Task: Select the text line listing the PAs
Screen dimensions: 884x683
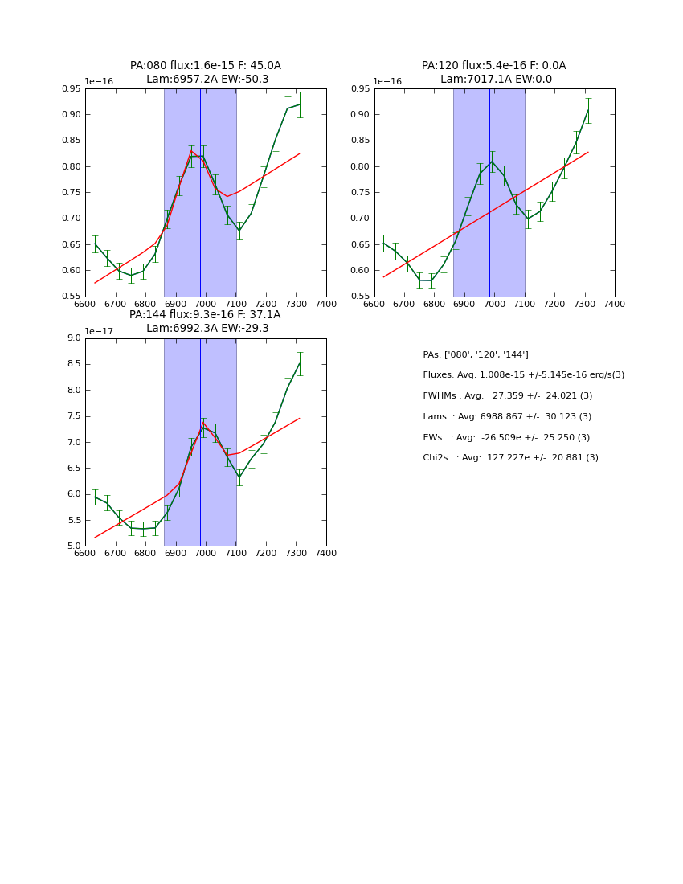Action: coord(476,354)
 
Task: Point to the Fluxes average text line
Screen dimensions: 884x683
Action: coord(523,375)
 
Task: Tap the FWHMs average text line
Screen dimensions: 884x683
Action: coord(507,395)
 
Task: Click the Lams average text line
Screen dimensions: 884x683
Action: coord(507,416)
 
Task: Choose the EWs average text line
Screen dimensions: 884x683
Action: coord(506,437)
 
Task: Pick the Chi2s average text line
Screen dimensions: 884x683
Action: coord(510,458)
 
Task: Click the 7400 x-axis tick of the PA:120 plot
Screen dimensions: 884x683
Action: coord(615,304)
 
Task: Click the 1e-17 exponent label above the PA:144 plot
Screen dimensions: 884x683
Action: coord(99,331)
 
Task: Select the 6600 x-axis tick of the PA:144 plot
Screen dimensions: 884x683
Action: coord(85,553)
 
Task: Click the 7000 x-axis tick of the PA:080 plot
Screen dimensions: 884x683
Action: coord(206,304)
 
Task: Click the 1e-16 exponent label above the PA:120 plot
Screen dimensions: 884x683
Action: coord(388,82)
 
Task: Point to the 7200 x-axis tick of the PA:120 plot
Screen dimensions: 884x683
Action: coord(554,304)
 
